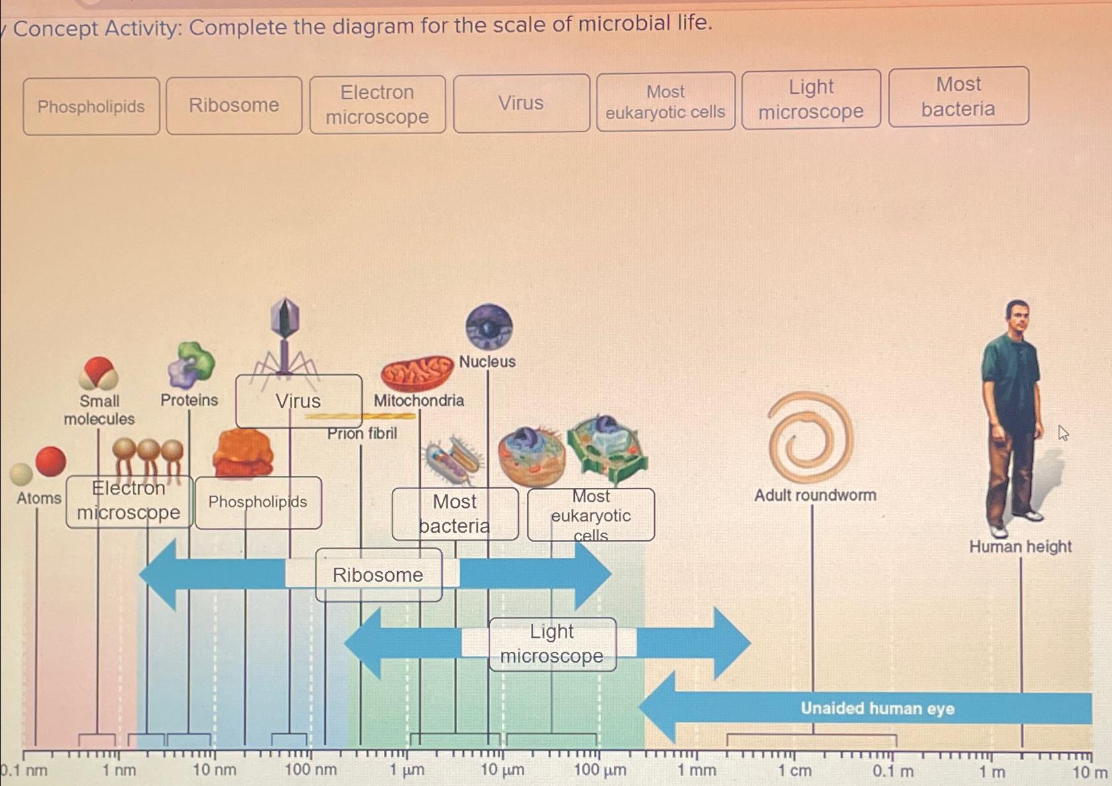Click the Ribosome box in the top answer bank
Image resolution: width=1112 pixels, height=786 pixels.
234,105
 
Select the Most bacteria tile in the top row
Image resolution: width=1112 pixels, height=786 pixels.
958,97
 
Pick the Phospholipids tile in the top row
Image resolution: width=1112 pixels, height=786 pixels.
91,106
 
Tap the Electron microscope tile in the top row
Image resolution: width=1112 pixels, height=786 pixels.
377,104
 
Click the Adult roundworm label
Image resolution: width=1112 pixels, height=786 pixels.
815,495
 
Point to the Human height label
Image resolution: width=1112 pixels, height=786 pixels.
1020,547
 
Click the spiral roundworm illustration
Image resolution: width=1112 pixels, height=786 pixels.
811,437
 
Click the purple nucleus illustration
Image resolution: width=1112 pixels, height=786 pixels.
489,327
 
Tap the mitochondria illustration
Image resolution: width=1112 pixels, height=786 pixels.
416,373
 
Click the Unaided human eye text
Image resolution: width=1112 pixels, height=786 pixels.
877,709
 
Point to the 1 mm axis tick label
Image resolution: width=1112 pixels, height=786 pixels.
696,771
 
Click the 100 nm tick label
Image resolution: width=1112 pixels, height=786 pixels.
311,770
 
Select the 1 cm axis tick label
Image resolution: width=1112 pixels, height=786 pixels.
794,771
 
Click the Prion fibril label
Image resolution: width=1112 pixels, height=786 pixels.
362,434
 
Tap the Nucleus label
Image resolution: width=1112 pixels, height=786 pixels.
487,362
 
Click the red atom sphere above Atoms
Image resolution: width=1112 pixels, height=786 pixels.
51,461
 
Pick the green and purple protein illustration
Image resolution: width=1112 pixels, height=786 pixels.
192,364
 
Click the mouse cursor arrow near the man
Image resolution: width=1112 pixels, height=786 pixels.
1062,433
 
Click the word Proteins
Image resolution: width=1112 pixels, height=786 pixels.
189,400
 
